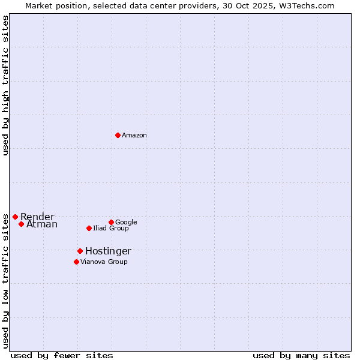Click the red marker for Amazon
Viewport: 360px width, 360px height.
click(118, 135)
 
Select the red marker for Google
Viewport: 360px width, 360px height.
click(111, 222)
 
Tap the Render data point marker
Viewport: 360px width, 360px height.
click(15, 217)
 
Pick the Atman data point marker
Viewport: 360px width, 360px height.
click(21, 224)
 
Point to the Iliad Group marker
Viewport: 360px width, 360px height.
click(89, 228)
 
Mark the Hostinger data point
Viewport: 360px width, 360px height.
click(80, 251)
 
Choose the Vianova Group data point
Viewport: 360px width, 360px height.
click(76, 262)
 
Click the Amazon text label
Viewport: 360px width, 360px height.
click(134, 136)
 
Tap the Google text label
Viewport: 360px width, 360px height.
click(126, 223)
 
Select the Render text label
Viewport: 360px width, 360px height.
click(37, 217)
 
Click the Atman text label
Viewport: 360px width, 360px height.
click(42, 224)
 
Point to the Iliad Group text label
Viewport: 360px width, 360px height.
click(111, 229)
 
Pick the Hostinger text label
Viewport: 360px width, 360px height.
click(108, 251)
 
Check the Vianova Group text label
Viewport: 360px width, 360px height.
click(104, 262)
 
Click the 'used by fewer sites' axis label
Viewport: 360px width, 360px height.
click(62, 355)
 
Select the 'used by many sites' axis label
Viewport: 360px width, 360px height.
click(301, 355)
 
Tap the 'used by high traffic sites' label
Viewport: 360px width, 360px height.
click(6, 86)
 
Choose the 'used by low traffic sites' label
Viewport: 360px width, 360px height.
click(6, 281)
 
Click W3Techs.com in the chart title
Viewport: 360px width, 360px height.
click(308, 5)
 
